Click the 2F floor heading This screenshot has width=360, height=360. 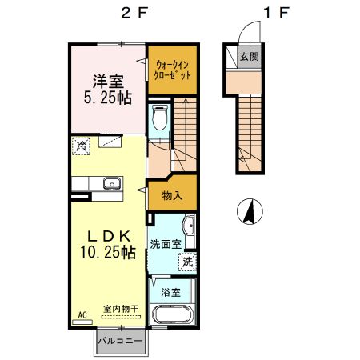click(x=134, y=13)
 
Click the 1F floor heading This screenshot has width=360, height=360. click(x=277, y=13)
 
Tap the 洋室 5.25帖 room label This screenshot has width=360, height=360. click(x=108, y=90)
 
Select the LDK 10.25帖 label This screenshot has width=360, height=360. click(x=108, y=244)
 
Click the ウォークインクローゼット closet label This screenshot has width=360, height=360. click(x=173, y=70)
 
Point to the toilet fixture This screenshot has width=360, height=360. click(x=160, y=118)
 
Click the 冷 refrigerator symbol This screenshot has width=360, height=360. click(x=81, y=146)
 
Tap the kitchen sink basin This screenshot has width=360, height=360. click(x=113, y=184)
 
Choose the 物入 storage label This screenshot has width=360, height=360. click(x=172, y=196)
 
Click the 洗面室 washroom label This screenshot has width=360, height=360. click(x=166, y=244)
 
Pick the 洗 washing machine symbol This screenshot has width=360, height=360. click(x=188, y=262)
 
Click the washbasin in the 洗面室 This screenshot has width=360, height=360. click(x=190, y=226)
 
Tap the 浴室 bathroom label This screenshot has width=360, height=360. click(x=170, y=293)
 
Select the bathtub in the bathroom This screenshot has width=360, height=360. click(x=172, y=314)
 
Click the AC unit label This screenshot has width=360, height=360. click(x=82, y=315)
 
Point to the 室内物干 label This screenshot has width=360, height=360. click(x=121, y=309)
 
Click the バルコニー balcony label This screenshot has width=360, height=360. click(x=120, y=341)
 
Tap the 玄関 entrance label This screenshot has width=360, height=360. click(x=249, y=57)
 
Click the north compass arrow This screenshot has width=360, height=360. click(x=250, y=211)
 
